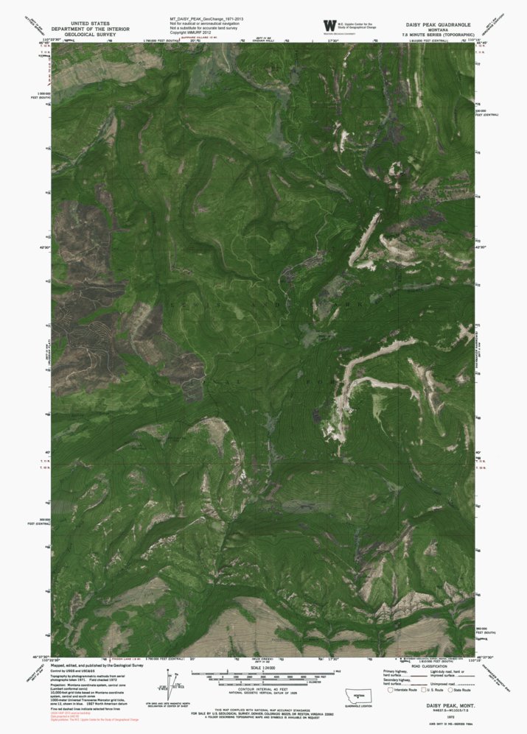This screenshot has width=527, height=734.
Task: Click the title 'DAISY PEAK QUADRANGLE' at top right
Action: click(439, 24)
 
